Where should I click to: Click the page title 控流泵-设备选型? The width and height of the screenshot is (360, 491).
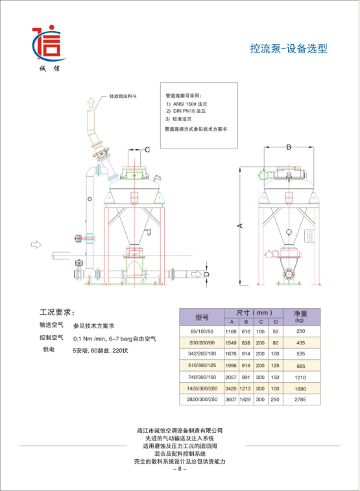(x=289, y=49)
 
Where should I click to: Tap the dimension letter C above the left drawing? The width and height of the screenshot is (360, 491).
(x=147, y=150)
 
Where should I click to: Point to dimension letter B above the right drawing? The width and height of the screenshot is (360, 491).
(x=289, y=147)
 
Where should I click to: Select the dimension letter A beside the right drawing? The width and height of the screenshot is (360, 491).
(x=241, y=226)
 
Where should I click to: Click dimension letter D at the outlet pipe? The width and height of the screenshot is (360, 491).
(x=206, y=274)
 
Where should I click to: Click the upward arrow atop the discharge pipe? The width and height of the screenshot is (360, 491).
(x=91, y=102)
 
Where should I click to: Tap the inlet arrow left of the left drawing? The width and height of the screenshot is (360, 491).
(x=36, y=245)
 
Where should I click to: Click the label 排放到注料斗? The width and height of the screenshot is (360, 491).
(x=123, y=96)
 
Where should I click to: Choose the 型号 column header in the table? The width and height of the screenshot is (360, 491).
(x=202, y=317)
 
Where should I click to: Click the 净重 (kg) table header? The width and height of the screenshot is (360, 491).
(x=300, y=317)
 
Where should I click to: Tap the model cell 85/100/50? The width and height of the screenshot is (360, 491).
(x=202, y=331)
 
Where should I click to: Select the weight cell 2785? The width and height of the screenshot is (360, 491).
(x=300, y=400)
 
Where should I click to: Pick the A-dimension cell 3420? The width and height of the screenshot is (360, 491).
(x=231, y=389)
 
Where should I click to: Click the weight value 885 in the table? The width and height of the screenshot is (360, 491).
(x=300, y=366)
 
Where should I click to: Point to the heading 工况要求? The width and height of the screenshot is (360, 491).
(x=57, y=312)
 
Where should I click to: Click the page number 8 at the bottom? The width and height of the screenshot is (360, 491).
(x=180, y=469)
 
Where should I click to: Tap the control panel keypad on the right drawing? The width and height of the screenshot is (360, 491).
(x=309, y=236)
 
